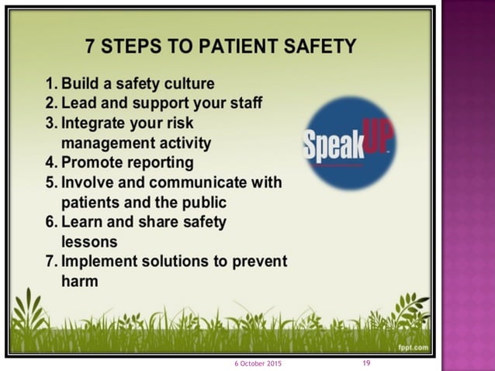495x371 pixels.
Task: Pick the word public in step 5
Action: (202, 203)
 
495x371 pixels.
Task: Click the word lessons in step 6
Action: (89, 241)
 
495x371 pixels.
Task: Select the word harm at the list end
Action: (80, 281)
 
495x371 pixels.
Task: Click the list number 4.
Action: (50, 163)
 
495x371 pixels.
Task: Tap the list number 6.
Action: (50, 222)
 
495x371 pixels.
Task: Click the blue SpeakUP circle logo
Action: (348, 143)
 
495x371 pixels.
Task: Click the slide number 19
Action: (366, 363)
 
